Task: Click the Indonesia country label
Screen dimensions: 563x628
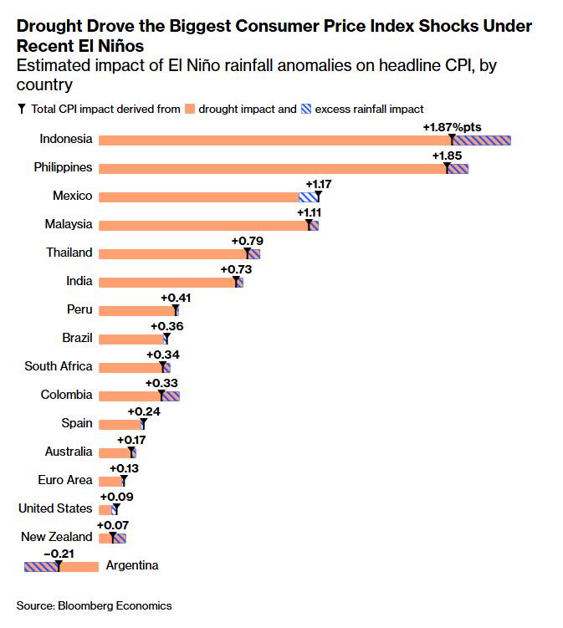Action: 66,139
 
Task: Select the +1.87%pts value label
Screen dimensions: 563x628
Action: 452,127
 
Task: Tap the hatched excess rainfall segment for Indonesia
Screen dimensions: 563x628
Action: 481,140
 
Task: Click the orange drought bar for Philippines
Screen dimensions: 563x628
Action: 273,169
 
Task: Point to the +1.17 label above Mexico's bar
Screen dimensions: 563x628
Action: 319,184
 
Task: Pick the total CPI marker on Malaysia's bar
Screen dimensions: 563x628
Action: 309,224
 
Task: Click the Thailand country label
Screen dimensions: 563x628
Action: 69,253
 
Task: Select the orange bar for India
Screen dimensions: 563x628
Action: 168,283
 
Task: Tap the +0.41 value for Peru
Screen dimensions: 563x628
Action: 176,298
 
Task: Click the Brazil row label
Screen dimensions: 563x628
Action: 77,338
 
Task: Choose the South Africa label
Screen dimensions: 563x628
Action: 59,366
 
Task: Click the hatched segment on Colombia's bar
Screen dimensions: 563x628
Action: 171,396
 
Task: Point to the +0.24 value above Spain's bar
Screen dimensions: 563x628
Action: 144,411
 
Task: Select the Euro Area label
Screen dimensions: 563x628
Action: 65,480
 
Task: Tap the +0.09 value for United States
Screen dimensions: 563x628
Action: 116,497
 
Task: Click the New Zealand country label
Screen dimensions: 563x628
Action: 57,537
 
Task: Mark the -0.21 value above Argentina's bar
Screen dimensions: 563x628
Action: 59,554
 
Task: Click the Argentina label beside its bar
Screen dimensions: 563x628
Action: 132,565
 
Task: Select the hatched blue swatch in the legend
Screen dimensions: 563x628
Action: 306,109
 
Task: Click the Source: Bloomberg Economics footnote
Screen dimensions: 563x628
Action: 95,605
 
